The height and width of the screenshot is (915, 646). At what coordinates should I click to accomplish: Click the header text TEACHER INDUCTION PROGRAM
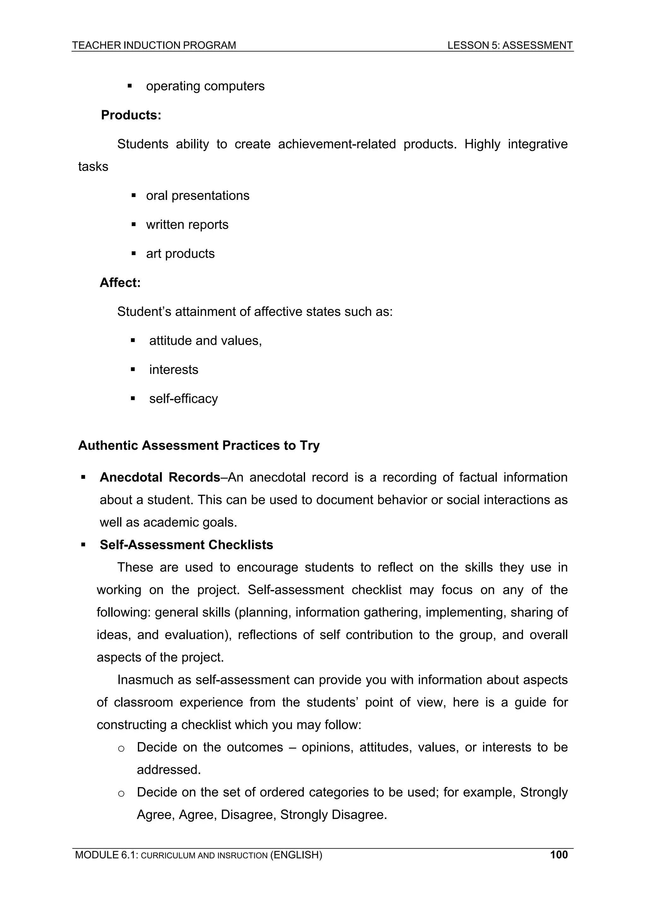154,45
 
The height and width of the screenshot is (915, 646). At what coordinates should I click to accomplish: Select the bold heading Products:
131,115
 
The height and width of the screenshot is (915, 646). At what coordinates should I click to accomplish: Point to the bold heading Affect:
120,283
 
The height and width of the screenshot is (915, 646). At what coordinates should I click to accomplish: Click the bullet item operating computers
205,86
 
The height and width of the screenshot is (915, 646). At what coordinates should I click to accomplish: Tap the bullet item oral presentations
197,196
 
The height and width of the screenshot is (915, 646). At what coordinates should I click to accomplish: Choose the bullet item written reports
187,225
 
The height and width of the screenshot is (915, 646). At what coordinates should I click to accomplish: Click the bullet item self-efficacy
184,399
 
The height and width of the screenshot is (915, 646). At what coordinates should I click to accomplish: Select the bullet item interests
173,370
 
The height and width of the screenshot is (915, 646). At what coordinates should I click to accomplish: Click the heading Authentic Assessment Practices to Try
199,446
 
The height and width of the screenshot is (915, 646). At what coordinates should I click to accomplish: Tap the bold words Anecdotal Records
160,478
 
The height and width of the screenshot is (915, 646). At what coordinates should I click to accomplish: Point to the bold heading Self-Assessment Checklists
186,545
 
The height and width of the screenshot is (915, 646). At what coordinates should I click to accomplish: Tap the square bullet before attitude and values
133,341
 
